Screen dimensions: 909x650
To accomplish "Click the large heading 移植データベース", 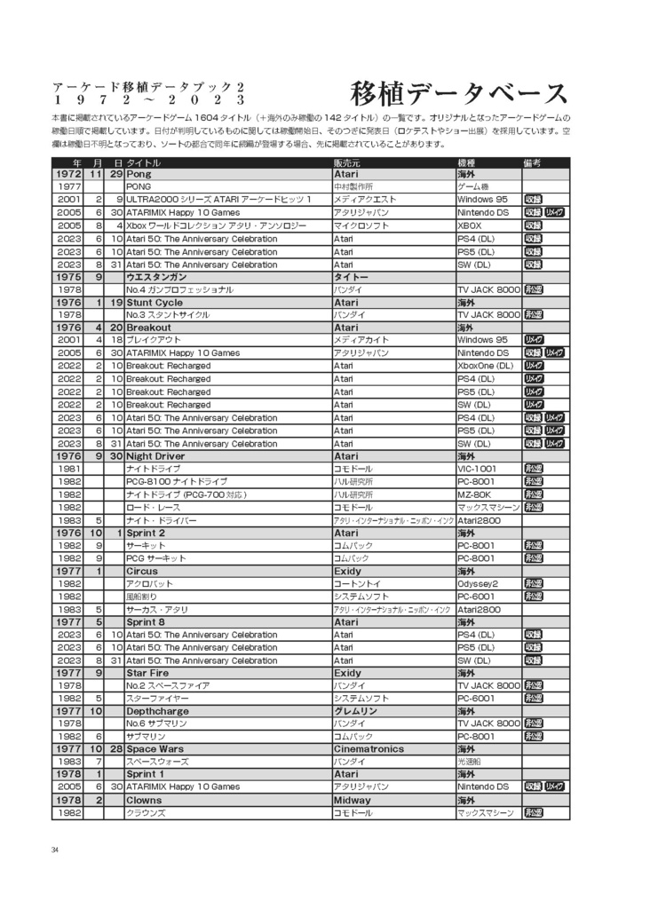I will pyautogui.click(x=458, y=93).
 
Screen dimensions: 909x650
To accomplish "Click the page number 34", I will pyautogui.click(x=55, y=850).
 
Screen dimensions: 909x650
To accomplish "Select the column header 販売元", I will pyautogui.click(x=346, y=162).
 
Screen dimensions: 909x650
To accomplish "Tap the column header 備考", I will pyautogui.click(x=532, y=162).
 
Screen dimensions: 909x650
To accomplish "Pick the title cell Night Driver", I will pyautogui.click(x=155, y=455).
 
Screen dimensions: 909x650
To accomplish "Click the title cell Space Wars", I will pyautogui.click(x=155, y=748).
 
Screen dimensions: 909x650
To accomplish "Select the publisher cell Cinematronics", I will pyautogui.click(x=368, y=748).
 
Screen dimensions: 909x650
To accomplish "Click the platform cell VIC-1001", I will pyautogui.click(x=478, y=469).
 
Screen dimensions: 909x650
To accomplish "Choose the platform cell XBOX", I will pyautogui.click(x=470, y=225).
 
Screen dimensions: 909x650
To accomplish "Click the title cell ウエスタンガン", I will pyautogui.click(x=156, y=277).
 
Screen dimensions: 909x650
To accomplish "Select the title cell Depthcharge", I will pyautogui.click(x=156, y=711).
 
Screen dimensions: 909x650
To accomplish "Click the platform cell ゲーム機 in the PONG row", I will pyautogui.click(x=473, y=187).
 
